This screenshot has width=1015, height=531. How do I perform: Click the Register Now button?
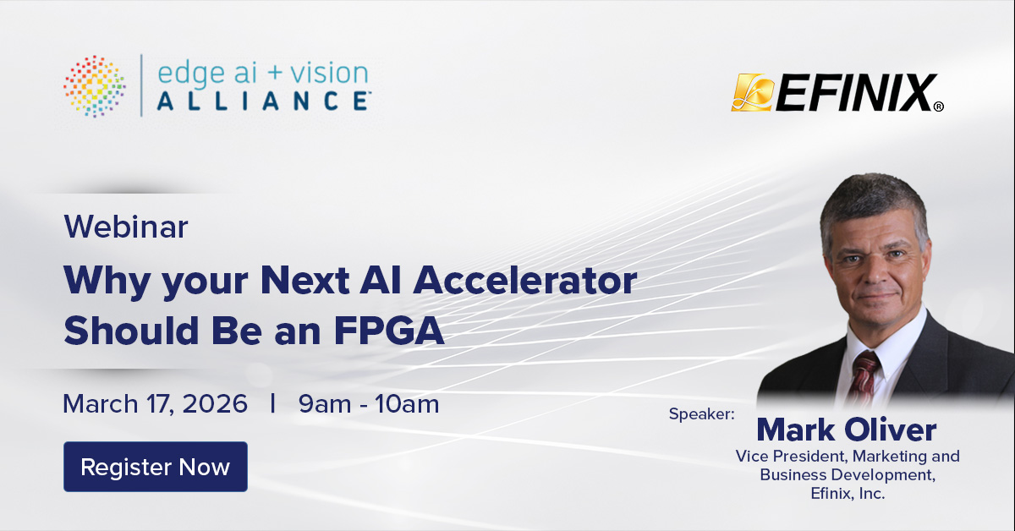point(156,467)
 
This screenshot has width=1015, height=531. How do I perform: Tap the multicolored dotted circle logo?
point(95,86)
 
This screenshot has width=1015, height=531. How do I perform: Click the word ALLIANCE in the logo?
point(264,101)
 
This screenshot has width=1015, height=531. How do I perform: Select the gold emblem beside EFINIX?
point(752,92)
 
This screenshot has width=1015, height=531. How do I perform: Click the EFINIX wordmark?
point(855,92)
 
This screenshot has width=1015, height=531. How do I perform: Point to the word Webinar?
point(126,227)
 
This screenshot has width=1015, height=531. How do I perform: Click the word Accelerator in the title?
point(525,281)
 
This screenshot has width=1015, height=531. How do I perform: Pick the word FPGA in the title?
point(389,331)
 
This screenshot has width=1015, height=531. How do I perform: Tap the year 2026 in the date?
point(215,403)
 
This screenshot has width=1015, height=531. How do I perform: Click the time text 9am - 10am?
point(369,403)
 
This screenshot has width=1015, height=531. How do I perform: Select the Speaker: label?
point(701,413)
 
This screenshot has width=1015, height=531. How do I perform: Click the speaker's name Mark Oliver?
point(847,430)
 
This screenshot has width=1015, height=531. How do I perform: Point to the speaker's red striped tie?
point(864,378)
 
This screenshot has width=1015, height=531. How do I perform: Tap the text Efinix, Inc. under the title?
point(848,493)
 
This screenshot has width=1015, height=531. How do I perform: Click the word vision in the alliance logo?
point(329,74)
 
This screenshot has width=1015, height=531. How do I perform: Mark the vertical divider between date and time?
point(272,403)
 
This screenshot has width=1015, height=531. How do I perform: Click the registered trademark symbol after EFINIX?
point(938,107)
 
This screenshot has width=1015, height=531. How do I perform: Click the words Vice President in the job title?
point(791,457)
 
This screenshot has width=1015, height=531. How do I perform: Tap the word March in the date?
point(100,403)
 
